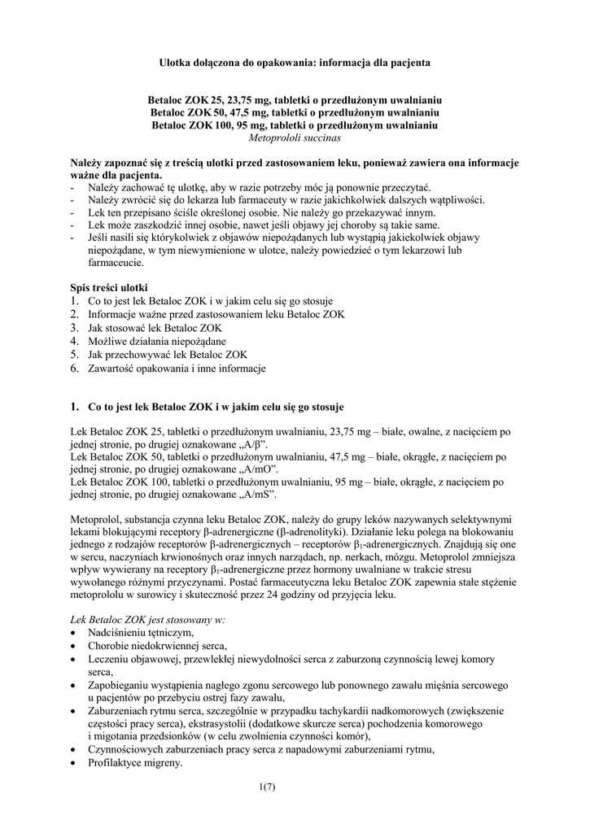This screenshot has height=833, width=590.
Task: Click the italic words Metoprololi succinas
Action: coord(294,139)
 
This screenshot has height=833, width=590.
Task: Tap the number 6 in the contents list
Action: coord(74,369)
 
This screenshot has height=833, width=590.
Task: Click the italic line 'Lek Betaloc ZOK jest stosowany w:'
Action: coord(147,619)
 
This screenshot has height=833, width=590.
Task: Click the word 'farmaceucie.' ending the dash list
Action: coord(116,263)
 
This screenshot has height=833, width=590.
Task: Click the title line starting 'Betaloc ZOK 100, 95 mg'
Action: coord(294,126)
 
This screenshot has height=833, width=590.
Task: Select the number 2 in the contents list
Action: coord(74,314)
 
